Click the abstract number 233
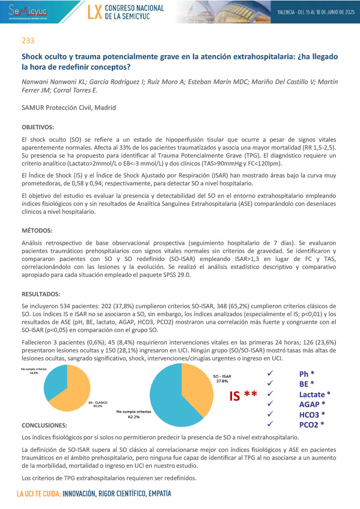coord(28,40)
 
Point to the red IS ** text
coord(243,396)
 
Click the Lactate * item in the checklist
coord(315,394)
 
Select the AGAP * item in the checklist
coord(312,404)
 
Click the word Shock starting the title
coord(34,57)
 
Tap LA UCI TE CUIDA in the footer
coord(38,495)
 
